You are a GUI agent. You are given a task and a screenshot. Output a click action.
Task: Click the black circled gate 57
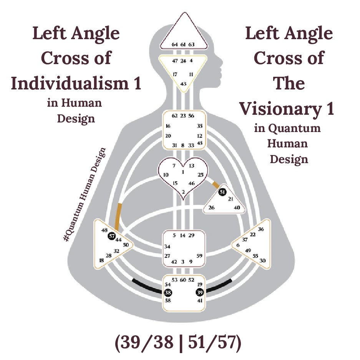pyautogui.click(x=112, y=236)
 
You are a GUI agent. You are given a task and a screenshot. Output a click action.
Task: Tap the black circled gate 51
pyautogui.click(x=222, y=192)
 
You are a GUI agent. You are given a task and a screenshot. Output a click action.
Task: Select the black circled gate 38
pyautogui.click(x=168, y=292)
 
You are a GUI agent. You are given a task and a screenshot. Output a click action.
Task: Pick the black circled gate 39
pyautogui.click(x=199, y=292)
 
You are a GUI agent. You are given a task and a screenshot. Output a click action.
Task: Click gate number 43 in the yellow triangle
pyautogui.click(x=183, y=84)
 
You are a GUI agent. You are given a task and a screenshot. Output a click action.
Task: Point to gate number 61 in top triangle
pyautogui.click(x=183, y=45)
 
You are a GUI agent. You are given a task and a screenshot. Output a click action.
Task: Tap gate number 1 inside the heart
pyautogui.click(x=183, y=172)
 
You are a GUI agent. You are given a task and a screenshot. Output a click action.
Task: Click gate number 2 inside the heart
pyautogui.click(x=183, y=192)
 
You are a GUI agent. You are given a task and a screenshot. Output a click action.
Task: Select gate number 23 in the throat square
pyautogui.click(x=183, y=116)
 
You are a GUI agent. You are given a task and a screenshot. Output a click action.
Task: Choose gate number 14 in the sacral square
pyautogui.click(x=183, y=235)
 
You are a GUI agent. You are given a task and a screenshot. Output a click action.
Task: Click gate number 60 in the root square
pyautogui.click(x=183, y=280)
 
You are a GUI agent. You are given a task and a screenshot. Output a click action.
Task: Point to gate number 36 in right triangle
pyautogui.click(x=261, y=229)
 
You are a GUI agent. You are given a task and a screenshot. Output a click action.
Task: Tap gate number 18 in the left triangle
pyautogui.click(x=101, y=260)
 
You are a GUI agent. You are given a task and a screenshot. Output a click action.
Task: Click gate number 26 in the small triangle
pyautogui.click(x=211, y=208)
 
